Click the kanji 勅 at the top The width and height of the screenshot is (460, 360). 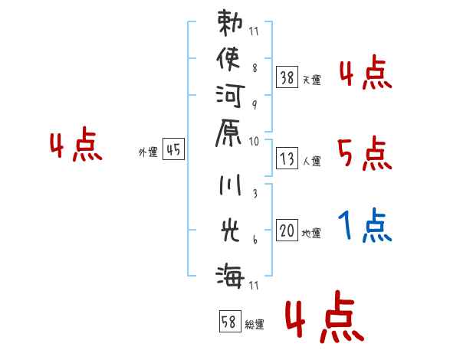click(232, 22)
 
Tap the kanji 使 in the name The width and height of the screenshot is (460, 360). click(232, 59)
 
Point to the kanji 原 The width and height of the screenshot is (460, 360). click(232, 133)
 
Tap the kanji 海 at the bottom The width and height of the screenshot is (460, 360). click(232, 272)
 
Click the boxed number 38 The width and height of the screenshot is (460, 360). click(287, 77)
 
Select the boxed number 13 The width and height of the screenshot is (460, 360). click(287, 159)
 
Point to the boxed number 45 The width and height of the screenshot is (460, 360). click(173, 151)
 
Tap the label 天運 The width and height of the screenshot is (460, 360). click(312, 80)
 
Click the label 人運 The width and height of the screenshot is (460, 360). click(312, 162)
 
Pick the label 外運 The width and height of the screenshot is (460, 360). click(148, 152)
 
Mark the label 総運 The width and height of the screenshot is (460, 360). click(255, 325)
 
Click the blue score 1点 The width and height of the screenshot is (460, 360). click(365, 226)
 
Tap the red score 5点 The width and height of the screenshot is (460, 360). click(365, 154)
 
